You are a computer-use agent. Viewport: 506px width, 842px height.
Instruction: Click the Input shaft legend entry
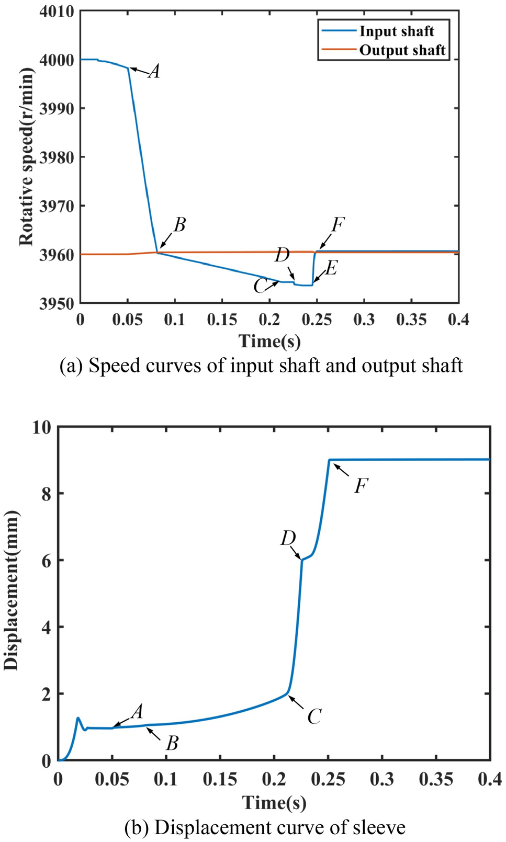click(x=396, y=31)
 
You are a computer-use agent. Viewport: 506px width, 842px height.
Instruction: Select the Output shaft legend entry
click(x=402, y=50)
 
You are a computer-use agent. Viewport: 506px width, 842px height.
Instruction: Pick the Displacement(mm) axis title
click(x=11, y=590)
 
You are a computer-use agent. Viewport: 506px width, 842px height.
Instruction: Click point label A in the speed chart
click(x=154, y=71)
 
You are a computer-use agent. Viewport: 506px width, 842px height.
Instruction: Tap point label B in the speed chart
click(x=179, y=225)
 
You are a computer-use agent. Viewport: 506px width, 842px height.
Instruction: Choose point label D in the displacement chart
click(x=288, y=538)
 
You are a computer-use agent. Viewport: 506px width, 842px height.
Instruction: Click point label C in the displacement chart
click(x=314, y=716)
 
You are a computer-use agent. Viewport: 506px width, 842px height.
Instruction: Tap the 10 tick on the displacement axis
click(x=42, y=427)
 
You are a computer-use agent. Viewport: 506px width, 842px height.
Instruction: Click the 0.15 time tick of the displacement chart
click(x=220, y=780)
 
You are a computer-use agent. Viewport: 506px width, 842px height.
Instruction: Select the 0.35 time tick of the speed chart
click(x=411, y=320)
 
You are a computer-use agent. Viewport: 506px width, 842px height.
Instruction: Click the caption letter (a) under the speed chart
click(x=71, y=366)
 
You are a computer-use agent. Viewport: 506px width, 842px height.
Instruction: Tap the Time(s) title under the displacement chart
click(x=274, y=803)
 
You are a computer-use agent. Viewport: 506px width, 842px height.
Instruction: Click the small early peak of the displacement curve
click(x=78, y=718)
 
